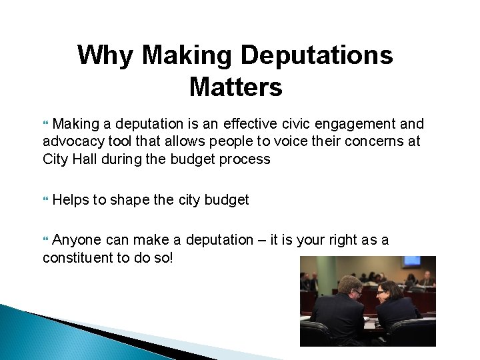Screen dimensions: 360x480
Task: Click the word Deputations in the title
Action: (317, 55)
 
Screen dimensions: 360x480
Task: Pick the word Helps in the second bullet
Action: (70, 199)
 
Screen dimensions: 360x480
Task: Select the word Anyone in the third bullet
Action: (77, 239)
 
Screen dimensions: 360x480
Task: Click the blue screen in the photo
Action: (411, 261)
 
